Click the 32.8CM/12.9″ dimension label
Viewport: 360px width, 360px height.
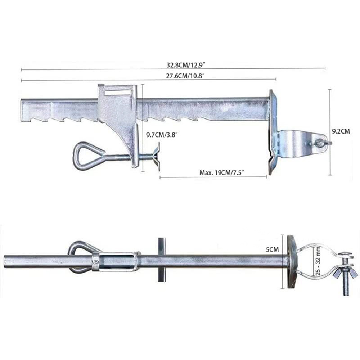pyautogui.click(x=185, y=65)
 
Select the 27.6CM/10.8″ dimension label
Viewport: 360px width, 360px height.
pyautogui.click(x=185, y=76)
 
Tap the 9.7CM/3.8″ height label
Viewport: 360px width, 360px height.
pyautogui.click(x=162, y=135)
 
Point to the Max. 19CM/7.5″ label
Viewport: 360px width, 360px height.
pyautogui.click(x=221, y=173)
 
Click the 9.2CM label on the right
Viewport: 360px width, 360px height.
pyautogui.click(x=341, y=131)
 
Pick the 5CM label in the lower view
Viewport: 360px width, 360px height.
pyautogui.click(x=272, y=249)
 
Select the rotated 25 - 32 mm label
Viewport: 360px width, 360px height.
pyautogui.click(x=318, y=261)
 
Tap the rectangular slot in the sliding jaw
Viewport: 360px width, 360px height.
pyautogui.click(x=117, y=92)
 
